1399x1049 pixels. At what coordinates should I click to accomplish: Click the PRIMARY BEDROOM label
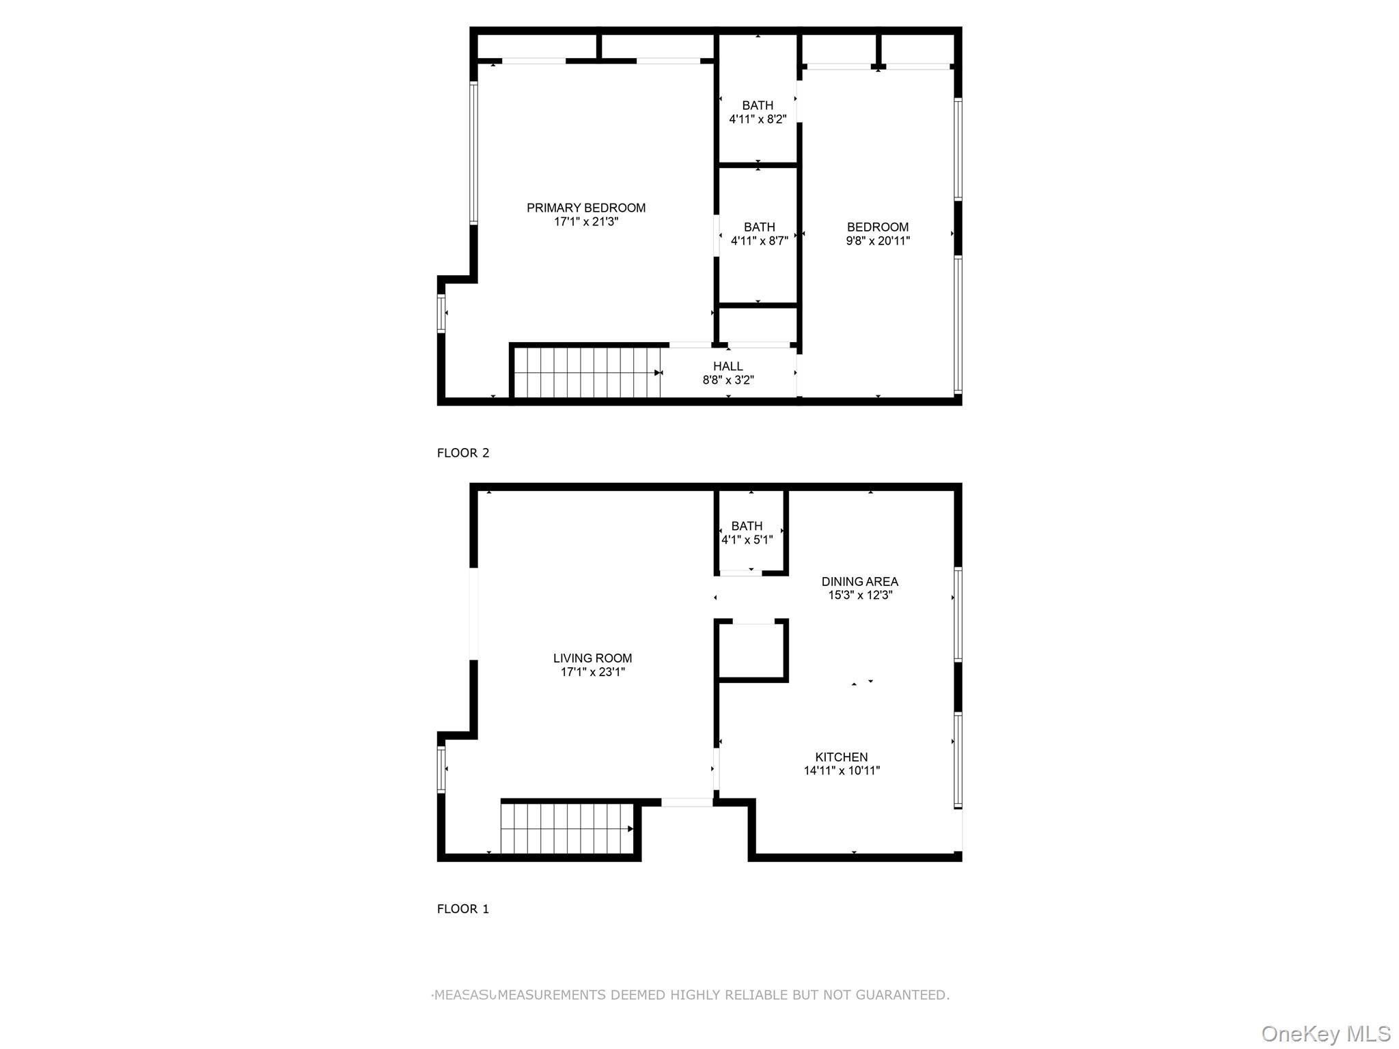click(x=585, y=208)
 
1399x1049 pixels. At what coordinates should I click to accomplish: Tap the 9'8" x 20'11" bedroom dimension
click(x=878, y=241)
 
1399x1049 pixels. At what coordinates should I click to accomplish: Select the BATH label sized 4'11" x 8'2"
click(x=758, y=106)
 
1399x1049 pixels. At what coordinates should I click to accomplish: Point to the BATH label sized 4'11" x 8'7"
click(x=759, y=227)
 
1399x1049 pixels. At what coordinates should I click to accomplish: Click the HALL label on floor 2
click(x=728, y=367)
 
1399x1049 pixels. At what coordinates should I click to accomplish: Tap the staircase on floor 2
click(x=586, y=372)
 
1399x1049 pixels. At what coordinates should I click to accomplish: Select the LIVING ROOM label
click(x=592, y=658)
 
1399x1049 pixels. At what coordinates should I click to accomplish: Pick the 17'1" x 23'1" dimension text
click(x=592, y=672)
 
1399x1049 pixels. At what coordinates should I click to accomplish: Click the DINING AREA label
click(x=859, y=582)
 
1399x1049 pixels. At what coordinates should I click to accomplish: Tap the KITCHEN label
click(x=841, y=757)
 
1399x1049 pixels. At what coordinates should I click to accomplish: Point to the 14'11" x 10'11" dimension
click(x=841, y=771)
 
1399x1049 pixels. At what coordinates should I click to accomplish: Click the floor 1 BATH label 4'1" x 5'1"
click(x=747, y=527)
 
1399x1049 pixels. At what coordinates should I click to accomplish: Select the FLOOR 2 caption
click(x=463, y=453)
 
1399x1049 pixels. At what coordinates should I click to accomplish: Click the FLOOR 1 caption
click(x=463, y=909)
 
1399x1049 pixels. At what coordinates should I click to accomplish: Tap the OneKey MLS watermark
click(x=1325, y=1034)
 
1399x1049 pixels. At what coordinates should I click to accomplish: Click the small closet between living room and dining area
click(x=751, y=650)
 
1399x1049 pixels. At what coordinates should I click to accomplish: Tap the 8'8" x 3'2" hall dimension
click(x=728, y=380)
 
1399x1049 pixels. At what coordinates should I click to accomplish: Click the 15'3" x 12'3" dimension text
click(x=859, y=596)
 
